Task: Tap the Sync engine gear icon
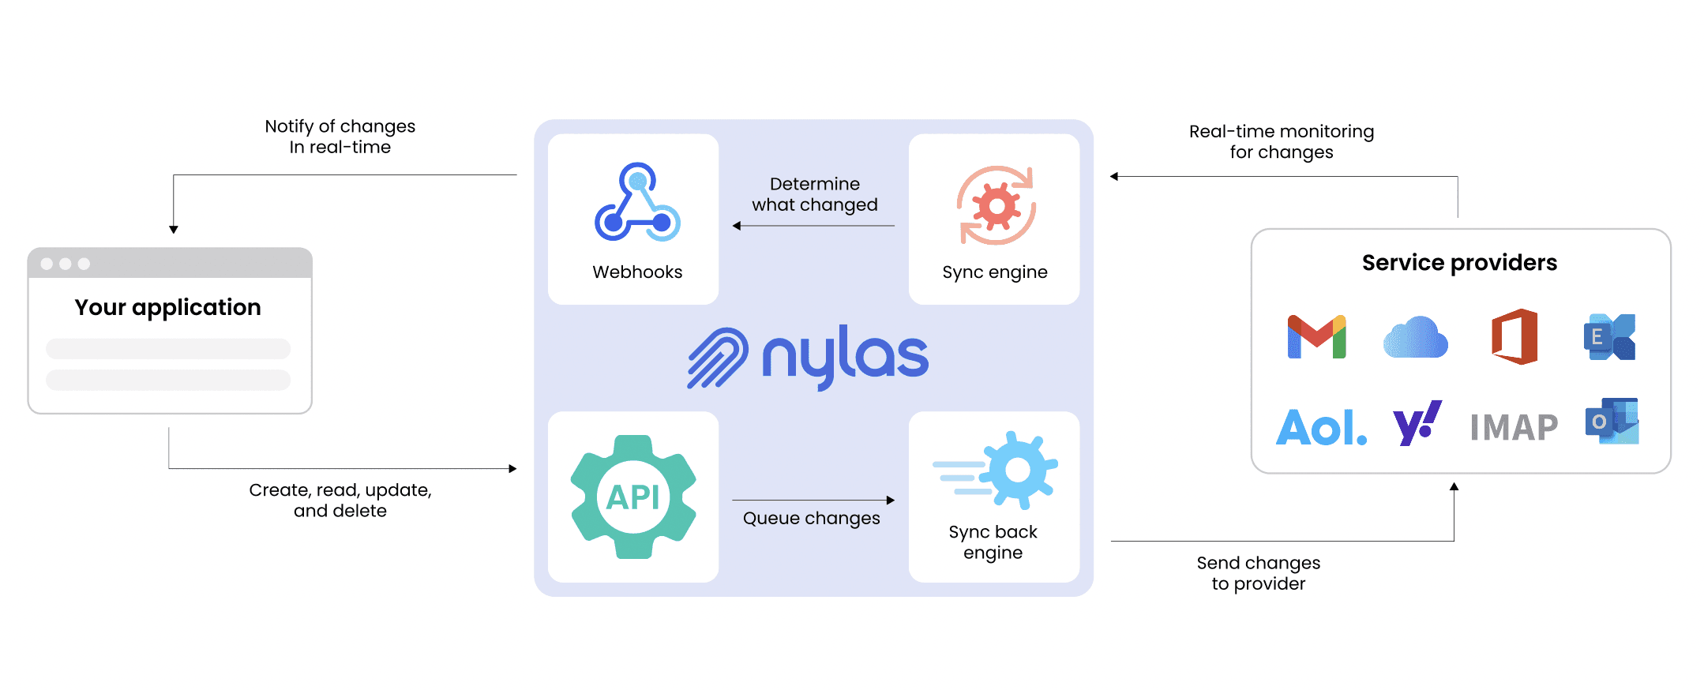[997, 206]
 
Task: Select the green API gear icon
[633, 497]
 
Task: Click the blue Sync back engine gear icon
[1017, 471]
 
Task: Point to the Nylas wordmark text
[845, 357]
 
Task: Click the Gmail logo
[1316, 337]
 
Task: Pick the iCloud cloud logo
[1416, 338]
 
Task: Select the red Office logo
[1514, 337]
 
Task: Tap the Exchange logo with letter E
[1610, 337]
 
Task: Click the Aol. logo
[1321, 427]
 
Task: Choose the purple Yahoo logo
[1417, 423]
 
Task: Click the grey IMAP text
[1514, 428]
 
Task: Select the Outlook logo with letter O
[1612, 421]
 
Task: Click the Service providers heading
[1459, 263]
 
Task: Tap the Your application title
[167, 307]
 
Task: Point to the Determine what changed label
[814, 194]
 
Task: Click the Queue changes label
[811, 519]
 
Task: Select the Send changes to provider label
[1258, 573]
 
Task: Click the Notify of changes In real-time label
[340, 137]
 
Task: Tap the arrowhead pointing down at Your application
[174, 230]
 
